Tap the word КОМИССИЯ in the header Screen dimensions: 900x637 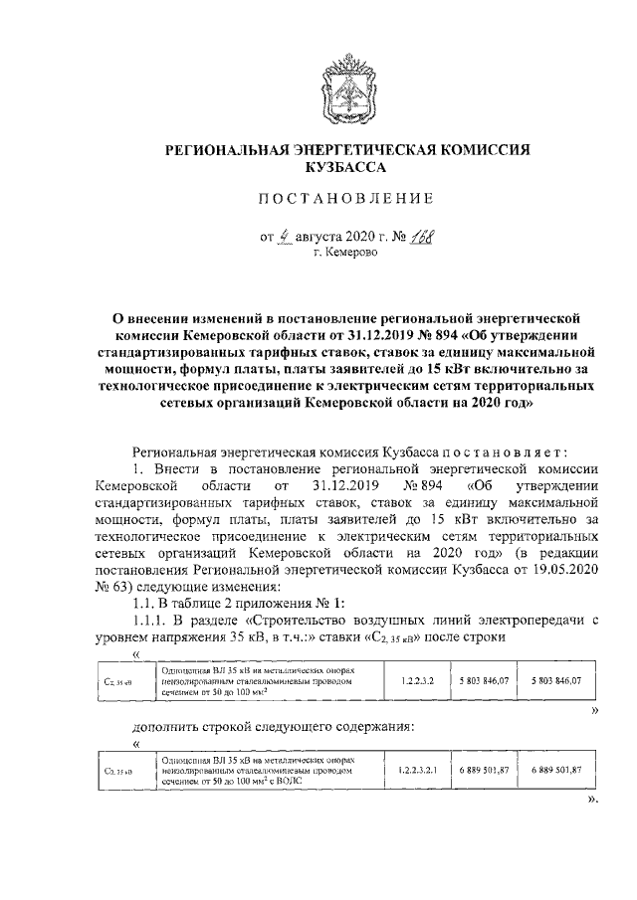(483, 149)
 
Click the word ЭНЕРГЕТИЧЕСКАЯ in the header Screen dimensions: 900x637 (362, 149)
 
